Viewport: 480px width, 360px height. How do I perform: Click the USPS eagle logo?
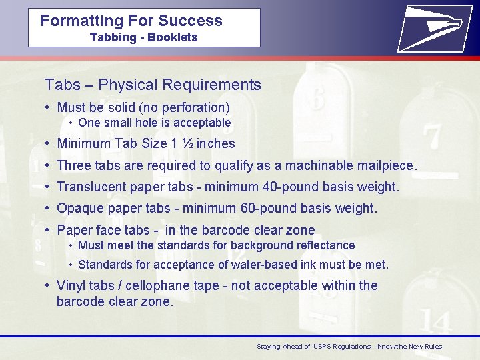431,27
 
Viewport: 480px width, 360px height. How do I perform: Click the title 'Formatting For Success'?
131,21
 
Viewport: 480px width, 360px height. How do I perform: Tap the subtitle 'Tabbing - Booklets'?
143,37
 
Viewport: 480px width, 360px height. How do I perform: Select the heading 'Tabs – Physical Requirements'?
153,85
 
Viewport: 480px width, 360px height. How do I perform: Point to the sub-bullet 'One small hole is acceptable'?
154,123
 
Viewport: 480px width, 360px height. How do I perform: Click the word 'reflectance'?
323,245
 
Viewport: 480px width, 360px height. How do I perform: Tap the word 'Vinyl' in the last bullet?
71,285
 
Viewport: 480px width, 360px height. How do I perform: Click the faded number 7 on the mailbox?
432,137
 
